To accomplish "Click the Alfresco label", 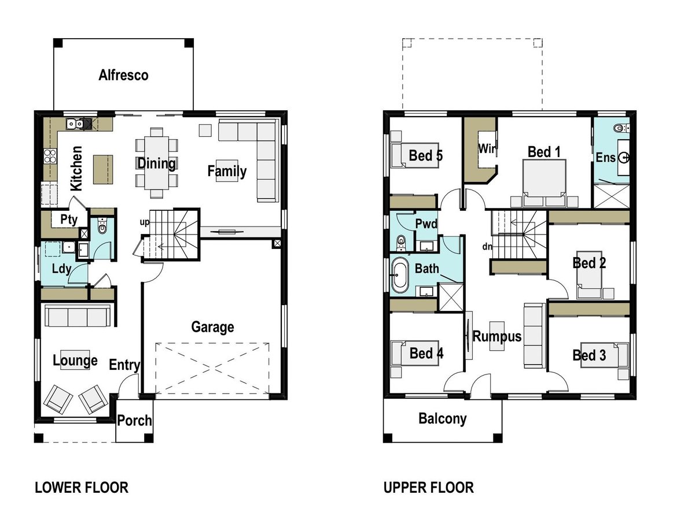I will [123, 75].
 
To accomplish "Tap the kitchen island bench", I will [104, 169].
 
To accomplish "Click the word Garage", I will [212, 327].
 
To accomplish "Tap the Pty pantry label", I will [69, 220].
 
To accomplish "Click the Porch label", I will [134, 421].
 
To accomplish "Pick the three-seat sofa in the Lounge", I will [77, 317].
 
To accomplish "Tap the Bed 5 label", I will [425, 155].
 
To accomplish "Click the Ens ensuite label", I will [606, 157].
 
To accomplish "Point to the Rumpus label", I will [497, 336].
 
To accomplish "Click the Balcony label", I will [442, 419].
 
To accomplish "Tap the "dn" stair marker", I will [487, 247].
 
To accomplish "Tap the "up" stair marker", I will [144, 222].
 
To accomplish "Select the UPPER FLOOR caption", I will [428, 488].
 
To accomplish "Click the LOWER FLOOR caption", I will [82, 488].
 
